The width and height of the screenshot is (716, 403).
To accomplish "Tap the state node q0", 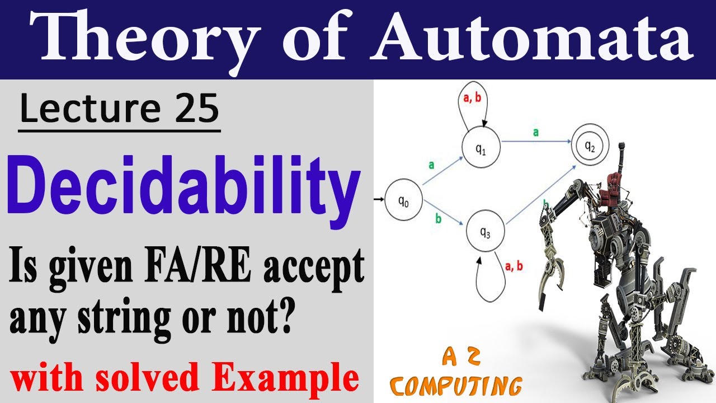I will pos(403,203).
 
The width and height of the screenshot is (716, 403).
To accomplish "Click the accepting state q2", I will pos(590,146).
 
